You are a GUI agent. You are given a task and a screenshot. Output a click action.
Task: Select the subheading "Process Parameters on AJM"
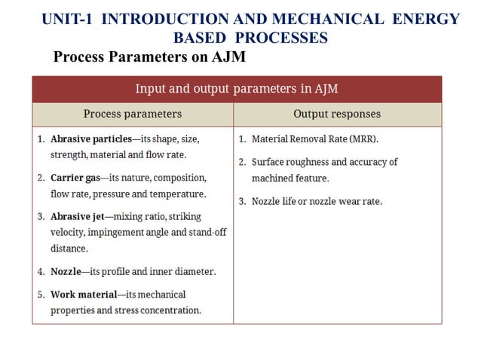149,57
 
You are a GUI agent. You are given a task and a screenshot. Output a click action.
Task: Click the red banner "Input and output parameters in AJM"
236,89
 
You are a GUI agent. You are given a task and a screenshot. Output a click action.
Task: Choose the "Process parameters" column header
132,114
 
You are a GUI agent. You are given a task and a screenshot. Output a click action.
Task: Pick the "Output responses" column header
336,114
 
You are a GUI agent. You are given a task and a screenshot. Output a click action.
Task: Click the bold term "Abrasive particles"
90,139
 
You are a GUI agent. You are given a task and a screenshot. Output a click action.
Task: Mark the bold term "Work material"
84,294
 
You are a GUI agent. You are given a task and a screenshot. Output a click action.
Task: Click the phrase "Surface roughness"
289,162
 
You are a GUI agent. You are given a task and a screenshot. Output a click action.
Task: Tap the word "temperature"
179,194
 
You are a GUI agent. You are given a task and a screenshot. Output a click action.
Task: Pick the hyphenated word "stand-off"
207,233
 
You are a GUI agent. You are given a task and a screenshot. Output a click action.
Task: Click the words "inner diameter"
184,271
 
